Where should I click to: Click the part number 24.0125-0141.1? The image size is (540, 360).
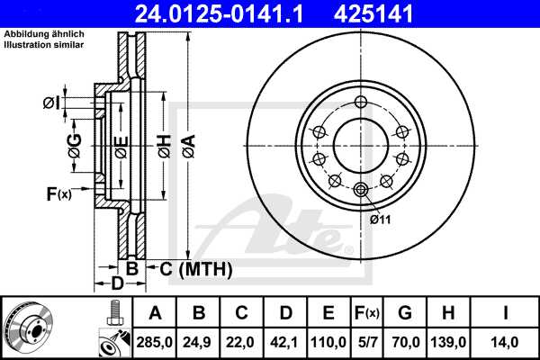pyautogui.click(x=231, y=13)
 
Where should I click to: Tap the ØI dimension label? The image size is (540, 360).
pyautogui.click(x=52, y=103)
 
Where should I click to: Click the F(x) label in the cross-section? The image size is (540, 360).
pyautogui.click(x=58, y=193)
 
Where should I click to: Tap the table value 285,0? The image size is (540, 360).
pyautogui.click(x=155, y=341)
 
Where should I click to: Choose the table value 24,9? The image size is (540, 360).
pyautogui.click(x=200, y=341)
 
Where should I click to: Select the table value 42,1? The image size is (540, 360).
pyautogui.click(x=286, y=341)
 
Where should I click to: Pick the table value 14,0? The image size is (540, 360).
pyautogui.click(x=509, y=341)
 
